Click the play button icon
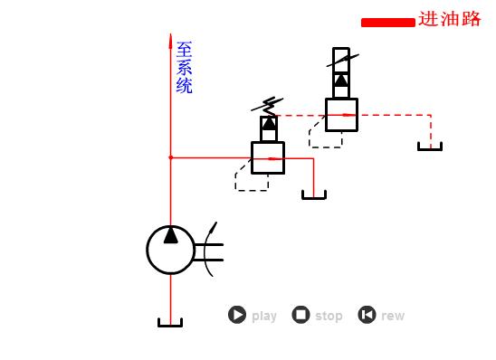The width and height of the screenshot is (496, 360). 237,315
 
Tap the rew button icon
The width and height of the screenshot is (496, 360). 367,315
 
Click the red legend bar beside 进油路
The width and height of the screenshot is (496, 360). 387,23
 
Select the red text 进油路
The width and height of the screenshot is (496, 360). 450,19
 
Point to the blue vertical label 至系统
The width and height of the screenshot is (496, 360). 184,67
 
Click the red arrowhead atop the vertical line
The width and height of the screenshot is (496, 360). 170,41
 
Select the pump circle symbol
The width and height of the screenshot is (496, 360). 170,250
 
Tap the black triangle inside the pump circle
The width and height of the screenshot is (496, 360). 170,236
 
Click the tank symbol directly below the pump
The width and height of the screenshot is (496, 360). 170,322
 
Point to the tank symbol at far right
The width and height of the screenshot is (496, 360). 430,147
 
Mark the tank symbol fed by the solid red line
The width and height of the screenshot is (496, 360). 313,194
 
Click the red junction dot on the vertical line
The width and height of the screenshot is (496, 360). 170,157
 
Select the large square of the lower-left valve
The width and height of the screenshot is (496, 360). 268,157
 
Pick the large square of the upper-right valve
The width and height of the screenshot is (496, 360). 341,115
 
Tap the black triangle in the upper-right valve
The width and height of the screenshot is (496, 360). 340,80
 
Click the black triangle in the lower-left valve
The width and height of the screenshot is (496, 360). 268,124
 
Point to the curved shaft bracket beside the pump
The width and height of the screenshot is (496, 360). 210,249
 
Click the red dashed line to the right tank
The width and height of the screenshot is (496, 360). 398,115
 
